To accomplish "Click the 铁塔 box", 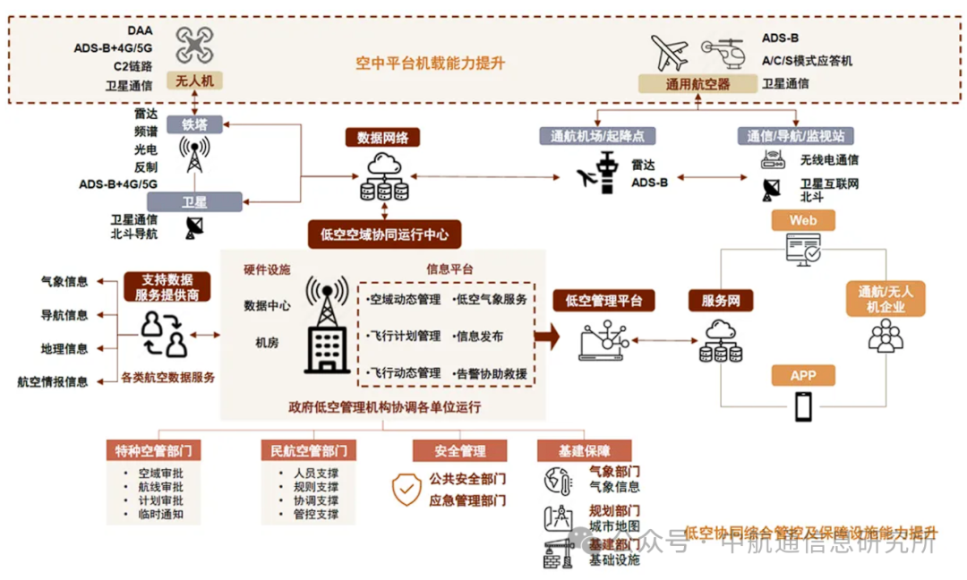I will click(194, 124).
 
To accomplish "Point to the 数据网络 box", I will click(383, 138).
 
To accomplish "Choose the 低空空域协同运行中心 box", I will click(383, 235).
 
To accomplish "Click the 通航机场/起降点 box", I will click(598, 136).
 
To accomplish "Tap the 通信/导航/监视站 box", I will click(796, 136).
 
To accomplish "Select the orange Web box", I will click(803, 220).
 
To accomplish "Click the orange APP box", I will click(803, 376).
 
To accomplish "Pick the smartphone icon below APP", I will click(803, 407).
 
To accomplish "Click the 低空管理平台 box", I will click(604, 301).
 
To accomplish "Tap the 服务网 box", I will click(721, 301).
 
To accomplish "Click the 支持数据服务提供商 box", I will click(167, 286).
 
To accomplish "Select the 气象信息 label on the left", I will click(64, 281).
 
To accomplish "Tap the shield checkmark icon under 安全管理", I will click(406, 489).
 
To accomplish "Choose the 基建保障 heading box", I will click(585, 450).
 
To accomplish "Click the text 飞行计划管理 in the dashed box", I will click(406, 337).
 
